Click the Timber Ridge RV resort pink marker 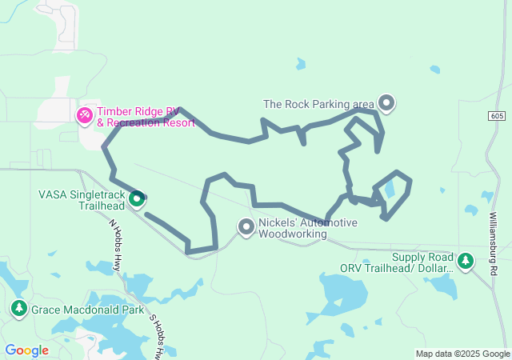coord(84,116)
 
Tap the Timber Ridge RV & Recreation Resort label coord(146,117)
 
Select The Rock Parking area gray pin coord(386,102)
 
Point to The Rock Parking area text coord(318,103)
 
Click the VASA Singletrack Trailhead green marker coord(137,198)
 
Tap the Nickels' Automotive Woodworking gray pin coord(246,228)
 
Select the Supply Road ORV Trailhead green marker coord(465,261)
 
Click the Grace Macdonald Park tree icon coord(18,307)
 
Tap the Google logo coord(26,350)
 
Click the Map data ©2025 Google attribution coord(462,354)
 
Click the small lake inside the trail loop coord(389,190)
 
